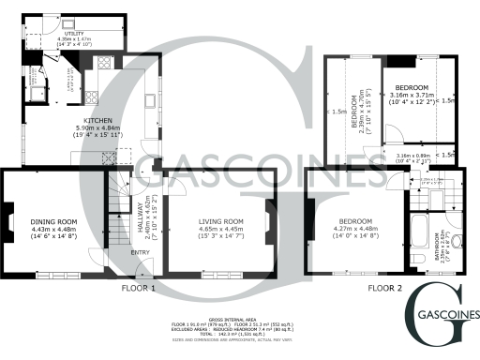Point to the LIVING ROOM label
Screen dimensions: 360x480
click(220, 222)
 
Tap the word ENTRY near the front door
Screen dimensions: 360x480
click(140, 251)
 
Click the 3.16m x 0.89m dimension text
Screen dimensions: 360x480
click(412, 156)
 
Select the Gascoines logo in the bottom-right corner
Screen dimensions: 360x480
click(442, 315)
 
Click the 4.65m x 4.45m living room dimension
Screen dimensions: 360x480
click(220, 230)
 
